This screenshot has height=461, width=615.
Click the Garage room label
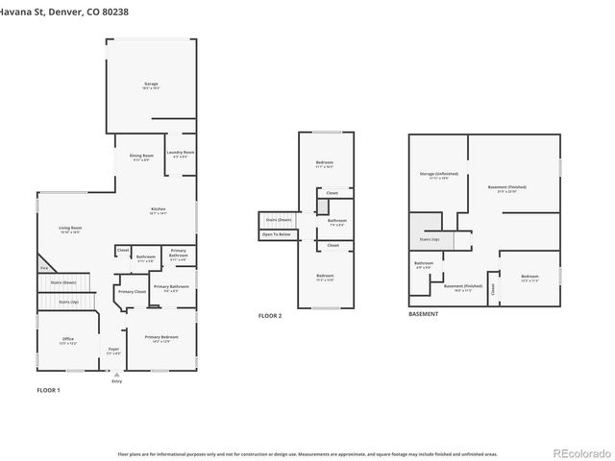[x=151, y=85]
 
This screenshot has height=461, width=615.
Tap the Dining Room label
[x=142, y=157]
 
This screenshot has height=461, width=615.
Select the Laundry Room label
[x=181, y=154]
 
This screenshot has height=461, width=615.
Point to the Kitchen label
[x=158, y=210]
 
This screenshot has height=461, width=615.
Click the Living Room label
[x=70, y=229]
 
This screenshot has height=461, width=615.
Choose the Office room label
[x=67, y=340]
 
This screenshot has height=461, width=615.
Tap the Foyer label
[x=113, y=350]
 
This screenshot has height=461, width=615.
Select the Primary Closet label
[x=132, y=291]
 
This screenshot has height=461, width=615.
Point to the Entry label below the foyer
[x=116, y=381]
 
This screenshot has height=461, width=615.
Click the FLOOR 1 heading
[x=48, y=391]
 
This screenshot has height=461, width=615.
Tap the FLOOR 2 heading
[x=270, y=316]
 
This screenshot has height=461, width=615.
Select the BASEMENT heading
[x=423, y=314]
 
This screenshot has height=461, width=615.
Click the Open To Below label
[x=277, y=233]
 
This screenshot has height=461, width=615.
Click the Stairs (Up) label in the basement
[x=429, y=239]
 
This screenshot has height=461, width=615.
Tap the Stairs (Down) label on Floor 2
[x=277, y=220]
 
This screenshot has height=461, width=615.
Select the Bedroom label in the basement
[x=529, y=278]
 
